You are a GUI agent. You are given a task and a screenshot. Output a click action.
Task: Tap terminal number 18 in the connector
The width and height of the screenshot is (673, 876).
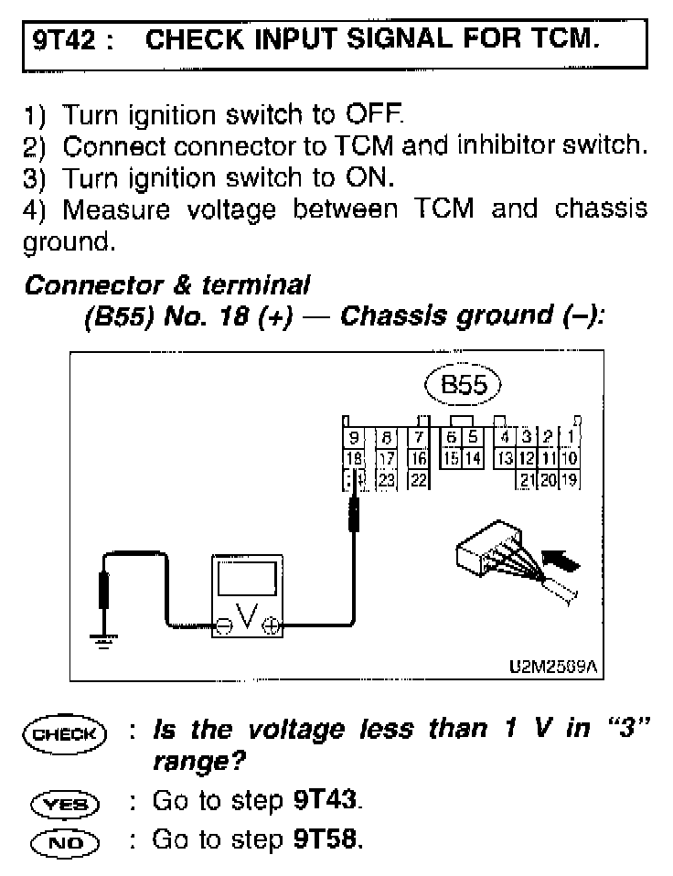353,457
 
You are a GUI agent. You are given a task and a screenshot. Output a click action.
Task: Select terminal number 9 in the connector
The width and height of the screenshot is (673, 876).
353,437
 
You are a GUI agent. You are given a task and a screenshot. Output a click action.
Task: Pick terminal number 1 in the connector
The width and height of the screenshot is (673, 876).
571,437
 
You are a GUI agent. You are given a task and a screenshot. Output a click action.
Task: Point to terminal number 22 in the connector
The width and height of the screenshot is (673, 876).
418,478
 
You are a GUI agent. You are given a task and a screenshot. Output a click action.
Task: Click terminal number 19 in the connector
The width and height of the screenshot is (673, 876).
571,478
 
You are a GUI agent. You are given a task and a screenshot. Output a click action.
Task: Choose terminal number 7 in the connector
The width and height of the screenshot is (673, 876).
418,437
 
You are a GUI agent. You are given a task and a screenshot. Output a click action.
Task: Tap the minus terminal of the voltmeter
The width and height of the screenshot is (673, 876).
222,626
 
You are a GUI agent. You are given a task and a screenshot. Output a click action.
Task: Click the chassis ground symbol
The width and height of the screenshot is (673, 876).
103,641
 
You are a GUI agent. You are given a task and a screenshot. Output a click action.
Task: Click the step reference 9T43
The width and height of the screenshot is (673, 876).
326,802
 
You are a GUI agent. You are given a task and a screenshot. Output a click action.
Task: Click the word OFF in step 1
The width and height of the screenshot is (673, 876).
373,117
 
